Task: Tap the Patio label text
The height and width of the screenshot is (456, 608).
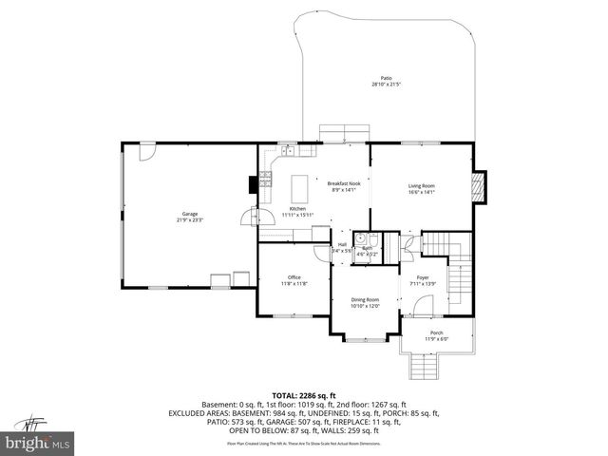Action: [387, 79]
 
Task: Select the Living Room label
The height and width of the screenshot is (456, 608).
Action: [421, 185]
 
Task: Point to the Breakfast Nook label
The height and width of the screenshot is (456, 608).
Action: [344, 183]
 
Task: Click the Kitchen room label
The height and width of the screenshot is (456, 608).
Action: [297, 208]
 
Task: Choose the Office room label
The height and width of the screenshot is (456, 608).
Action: [294, 277]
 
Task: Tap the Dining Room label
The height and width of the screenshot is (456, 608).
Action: [365, 299]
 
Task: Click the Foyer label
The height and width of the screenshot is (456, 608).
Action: [423, 277]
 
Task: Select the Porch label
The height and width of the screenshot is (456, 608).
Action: [436, 332]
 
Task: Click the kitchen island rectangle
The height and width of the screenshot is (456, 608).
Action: [301, 183]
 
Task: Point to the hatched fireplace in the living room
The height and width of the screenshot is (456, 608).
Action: [480, 186]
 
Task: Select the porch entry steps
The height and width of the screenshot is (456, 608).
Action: [424, 366]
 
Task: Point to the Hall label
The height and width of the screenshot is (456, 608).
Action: [341, 244]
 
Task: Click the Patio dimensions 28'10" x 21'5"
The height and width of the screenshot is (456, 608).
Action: [387, 85]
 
